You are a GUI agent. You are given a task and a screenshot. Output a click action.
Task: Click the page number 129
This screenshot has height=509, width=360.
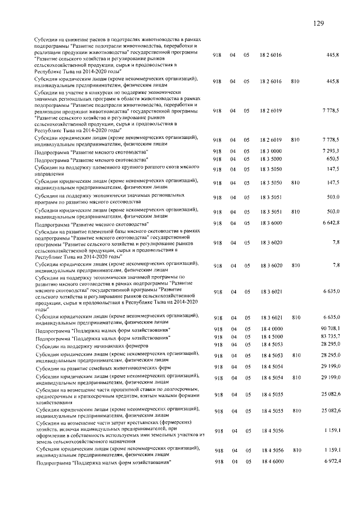tap(318, 23)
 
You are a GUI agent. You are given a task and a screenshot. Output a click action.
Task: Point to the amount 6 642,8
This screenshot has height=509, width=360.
tap(328, 223)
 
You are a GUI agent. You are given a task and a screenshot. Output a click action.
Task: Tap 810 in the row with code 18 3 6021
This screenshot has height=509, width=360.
tap(297, 318)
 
